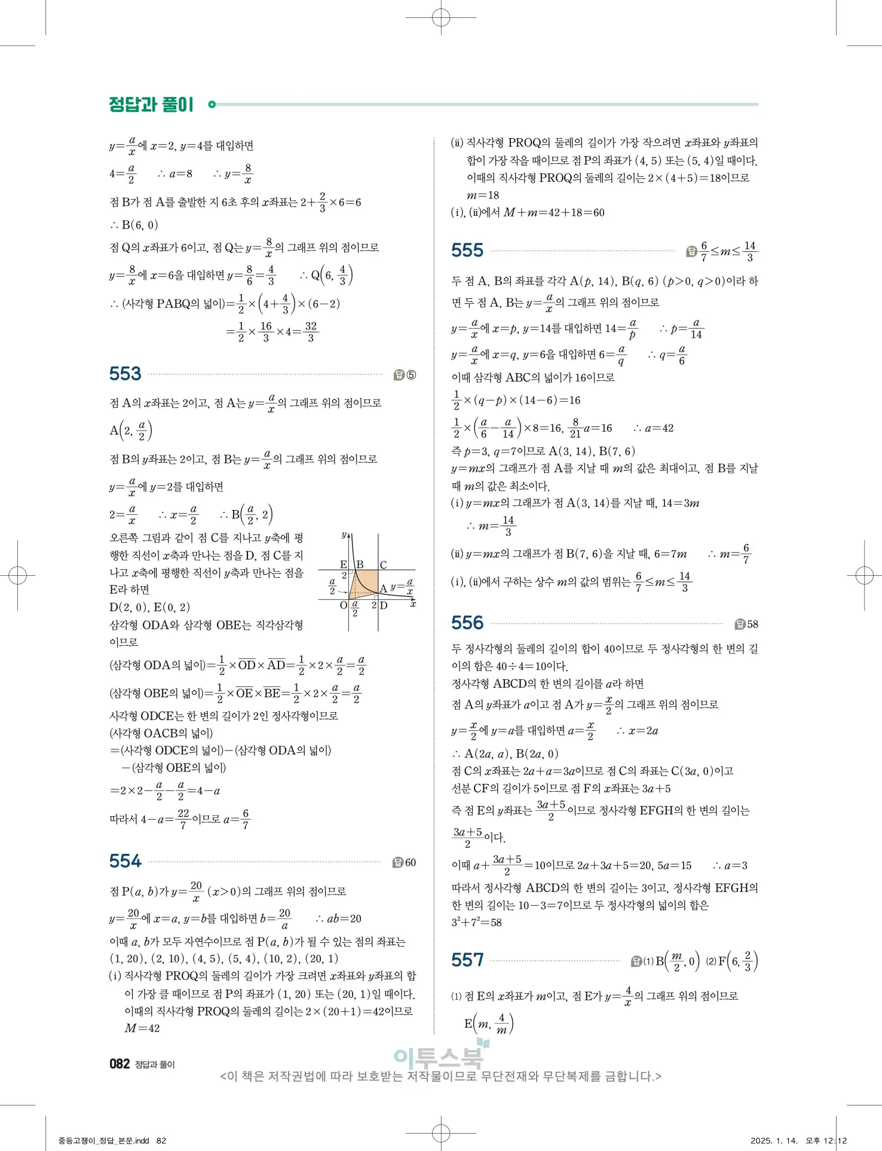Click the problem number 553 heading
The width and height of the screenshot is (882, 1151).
click(125, 374)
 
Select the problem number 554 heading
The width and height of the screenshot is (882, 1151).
click(125, 861)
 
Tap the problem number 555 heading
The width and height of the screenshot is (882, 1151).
click(467, 250)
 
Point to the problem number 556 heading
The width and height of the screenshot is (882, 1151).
click(467, 623)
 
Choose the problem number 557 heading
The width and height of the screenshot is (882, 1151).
click(467, 960)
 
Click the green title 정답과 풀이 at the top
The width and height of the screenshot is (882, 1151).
click(151, 105)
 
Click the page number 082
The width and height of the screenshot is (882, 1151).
click(120, 1064)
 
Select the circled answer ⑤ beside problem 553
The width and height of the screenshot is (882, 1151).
click(411, 375)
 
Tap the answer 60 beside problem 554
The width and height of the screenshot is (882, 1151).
click(410, 862)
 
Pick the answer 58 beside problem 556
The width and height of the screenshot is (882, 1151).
click(752, 624)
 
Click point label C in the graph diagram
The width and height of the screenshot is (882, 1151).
click(383, 564)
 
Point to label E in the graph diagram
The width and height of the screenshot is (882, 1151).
click(344, 564)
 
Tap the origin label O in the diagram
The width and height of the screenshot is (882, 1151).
click(344, 605)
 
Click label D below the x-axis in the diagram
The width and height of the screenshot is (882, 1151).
click(384, 605)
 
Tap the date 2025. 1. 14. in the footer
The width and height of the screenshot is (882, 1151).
click(774, 1140)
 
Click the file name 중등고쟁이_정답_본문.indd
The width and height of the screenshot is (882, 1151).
click(104, 1140)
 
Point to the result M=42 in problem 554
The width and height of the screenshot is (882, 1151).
click(142, 1028)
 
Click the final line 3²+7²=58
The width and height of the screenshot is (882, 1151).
click(476, 923)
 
